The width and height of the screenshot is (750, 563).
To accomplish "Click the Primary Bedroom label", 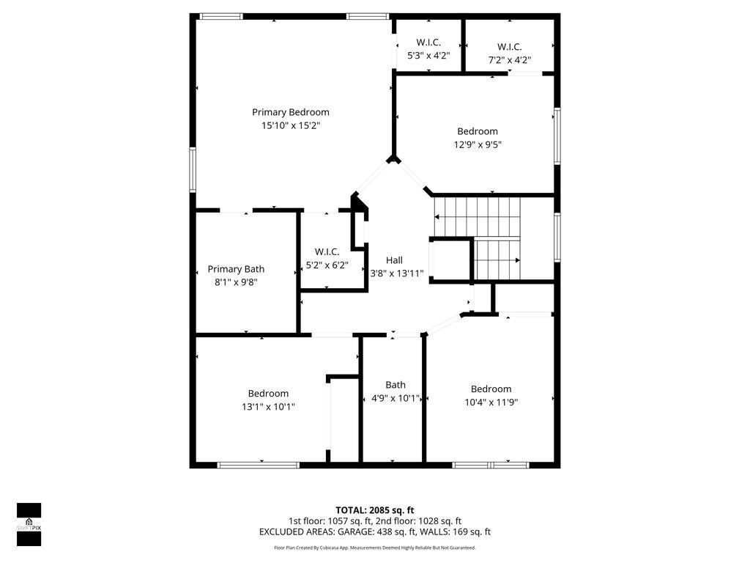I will point(291,112).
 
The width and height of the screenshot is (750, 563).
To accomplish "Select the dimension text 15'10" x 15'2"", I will point(291,125).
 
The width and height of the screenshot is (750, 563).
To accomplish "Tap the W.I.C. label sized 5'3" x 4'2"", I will point(428,42).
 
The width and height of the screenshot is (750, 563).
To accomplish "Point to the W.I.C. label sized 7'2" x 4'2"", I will point(509,47).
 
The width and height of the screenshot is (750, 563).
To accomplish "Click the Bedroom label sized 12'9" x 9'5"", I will point(478,131).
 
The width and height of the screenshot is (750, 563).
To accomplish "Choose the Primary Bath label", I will point(236,269).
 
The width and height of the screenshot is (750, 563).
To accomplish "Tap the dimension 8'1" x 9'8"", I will point(236,281).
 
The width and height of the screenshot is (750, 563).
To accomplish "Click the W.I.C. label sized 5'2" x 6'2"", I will point(327,251).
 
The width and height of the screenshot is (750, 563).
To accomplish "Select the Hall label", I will point(394,260).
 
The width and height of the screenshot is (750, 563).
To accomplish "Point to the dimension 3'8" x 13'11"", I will point(397,273).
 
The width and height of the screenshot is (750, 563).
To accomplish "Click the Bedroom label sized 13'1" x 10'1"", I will point(268,394).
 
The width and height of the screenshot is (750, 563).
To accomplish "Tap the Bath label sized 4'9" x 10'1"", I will point(396,385).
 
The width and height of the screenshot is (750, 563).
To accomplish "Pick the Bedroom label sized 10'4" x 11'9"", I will point(491,389).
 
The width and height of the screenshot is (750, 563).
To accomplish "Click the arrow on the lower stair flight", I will point(517,260).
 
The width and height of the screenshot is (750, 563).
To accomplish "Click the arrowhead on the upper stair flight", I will point(437,217).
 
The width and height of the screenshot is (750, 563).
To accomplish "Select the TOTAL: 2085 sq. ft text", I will point(375,510).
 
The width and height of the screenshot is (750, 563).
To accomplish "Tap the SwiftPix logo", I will point(29,525).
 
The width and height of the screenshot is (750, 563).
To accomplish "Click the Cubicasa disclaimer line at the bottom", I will point(375,548).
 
